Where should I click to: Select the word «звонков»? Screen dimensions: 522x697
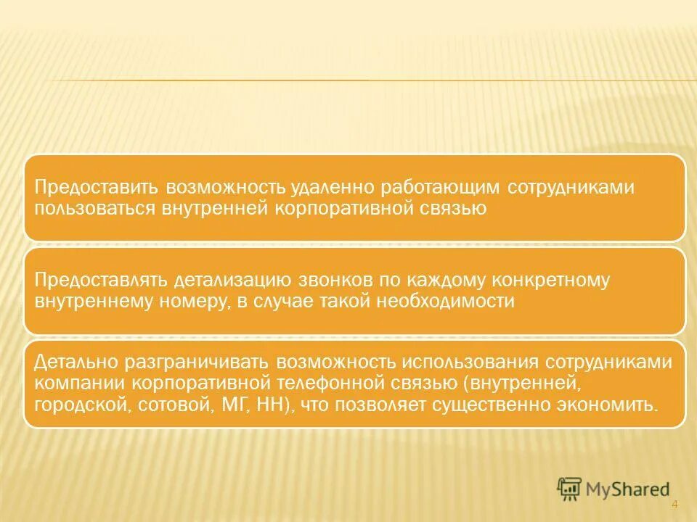(330, 281)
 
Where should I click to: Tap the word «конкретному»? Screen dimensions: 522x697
(555, 281)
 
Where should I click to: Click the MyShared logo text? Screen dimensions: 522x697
(630, 489)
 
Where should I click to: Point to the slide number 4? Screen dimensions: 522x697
(674, 505)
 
